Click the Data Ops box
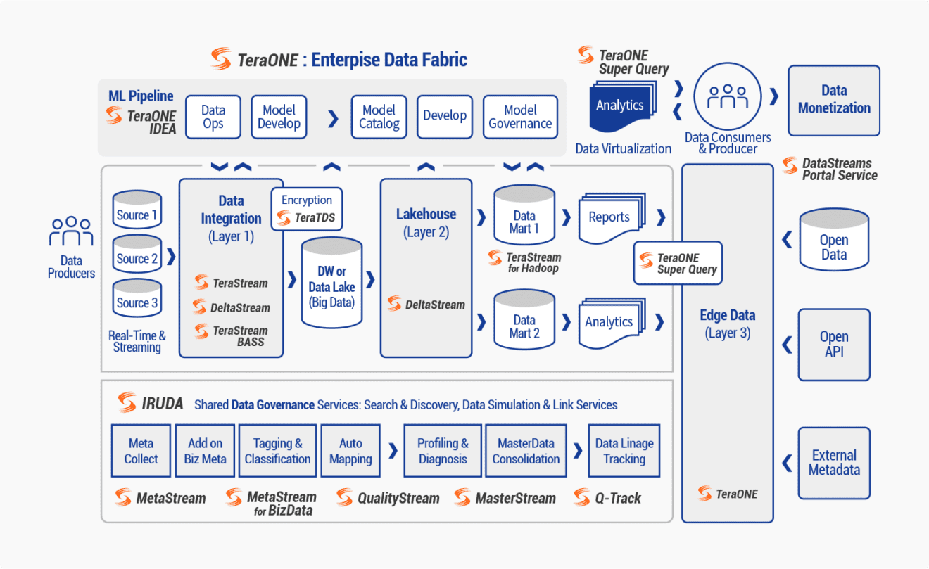click(x=213, y=117)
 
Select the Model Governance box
click(x=520, y=117)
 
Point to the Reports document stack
click(x=609, y=217)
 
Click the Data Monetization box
click(x=834, y=100)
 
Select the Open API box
click(x=834, y=344)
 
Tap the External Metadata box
click(x=834, y=462)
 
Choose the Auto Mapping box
click(x=350, y=451)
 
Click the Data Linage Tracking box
click(x=624, y=451)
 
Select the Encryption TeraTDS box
click(x=307, y=209)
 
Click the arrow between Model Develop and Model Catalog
click(x=333, y=117)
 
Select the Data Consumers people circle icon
click(x=728, y=97)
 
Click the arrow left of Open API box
click(x=787, y=344)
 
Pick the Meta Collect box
click(x=141, y=451)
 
